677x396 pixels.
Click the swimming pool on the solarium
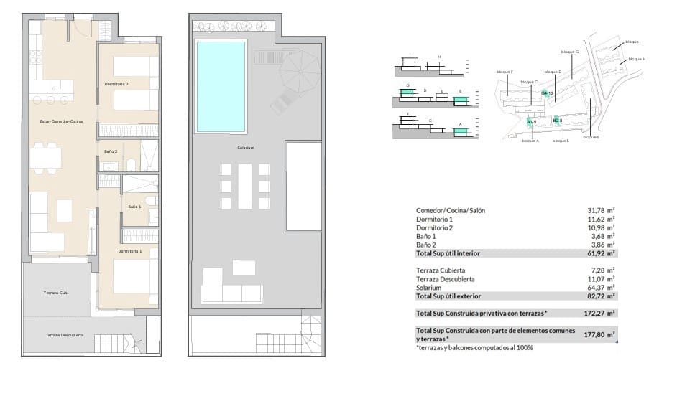(221, 87)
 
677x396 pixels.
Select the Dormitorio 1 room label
(130, 251)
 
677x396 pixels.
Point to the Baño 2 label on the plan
(111, 152)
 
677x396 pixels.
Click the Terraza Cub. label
(55, 293)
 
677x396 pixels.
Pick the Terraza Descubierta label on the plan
(65, 335)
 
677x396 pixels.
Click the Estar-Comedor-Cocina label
(61, 122)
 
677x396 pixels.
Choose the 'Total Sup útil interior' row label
(448, 253)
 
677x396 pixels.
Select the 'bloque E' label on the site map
(591, 137)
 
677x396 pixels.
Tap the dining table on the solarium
(245, 187)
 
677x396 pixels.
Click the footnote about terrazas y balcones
(474, 348)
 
